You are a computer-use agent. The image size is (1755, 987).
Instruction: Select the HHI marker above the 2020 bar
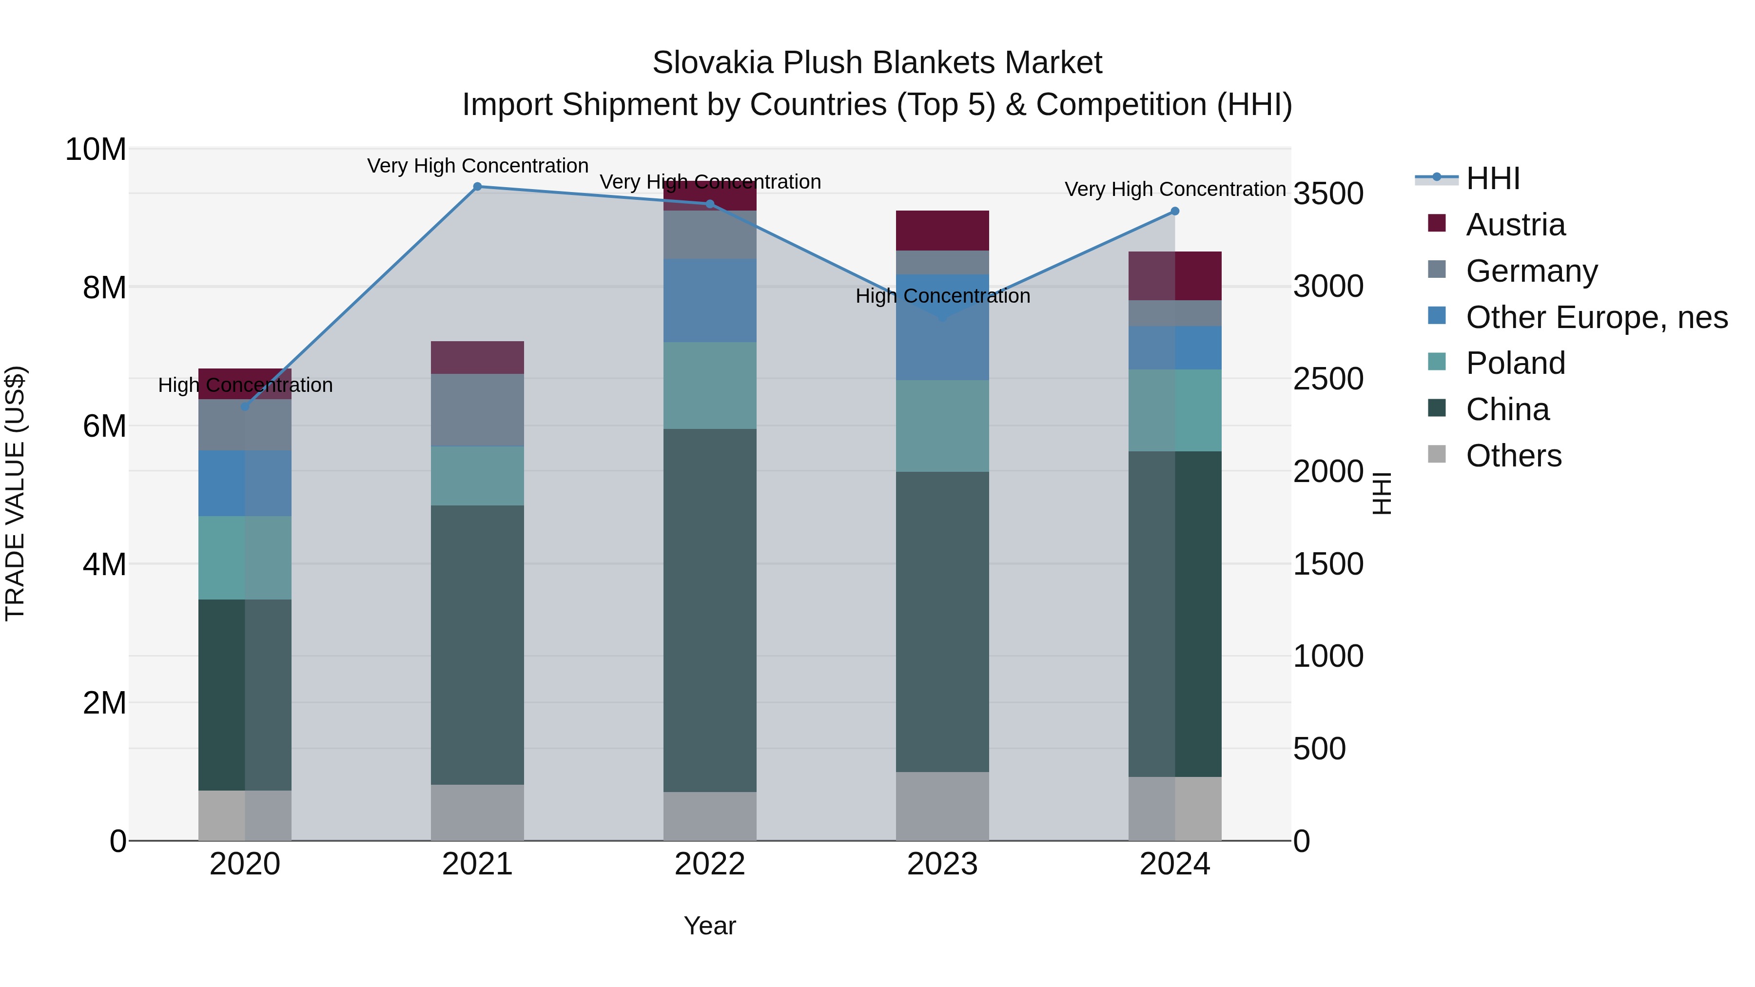coord(245,406)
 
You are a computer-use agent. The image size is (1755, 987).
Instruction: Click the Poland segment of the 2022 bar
coord(709,385)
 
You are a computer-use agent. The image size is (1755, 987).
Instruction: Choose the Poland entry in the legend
coord(1515,363)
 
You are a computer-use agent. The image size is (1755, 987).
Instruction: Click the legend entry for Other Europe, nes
coord(1596,317)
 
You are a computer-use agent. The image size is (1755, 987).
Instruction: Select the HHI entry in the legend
coord(1492,178)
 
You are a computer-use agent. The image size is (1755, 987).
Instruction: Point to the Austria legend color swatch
coord(1436,223)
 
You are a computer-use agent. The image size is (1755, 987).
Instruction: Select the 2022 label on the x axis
coord(709,864)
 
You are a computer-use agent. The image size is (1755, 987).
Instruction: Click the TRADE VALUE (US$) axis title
coord(15,493)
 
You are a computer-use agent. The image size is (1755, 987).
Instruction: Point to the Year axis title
coord(709,926)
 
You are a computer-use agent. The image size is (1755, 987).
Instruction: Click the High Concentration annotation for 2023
coord(942,296)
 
